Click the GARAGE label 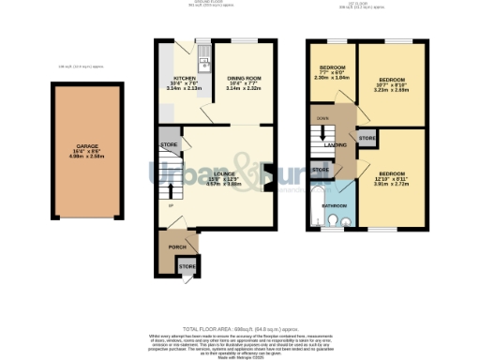coord(86,147)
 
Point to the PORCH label coord(175,247)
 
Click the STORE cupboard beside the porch coord(187,266)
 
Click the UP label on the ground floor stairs coord(170,205)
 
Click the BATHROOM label coord(336,204)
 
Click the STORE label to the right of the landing coord(367,139)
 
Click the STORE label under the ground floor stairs coord(169,145)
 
